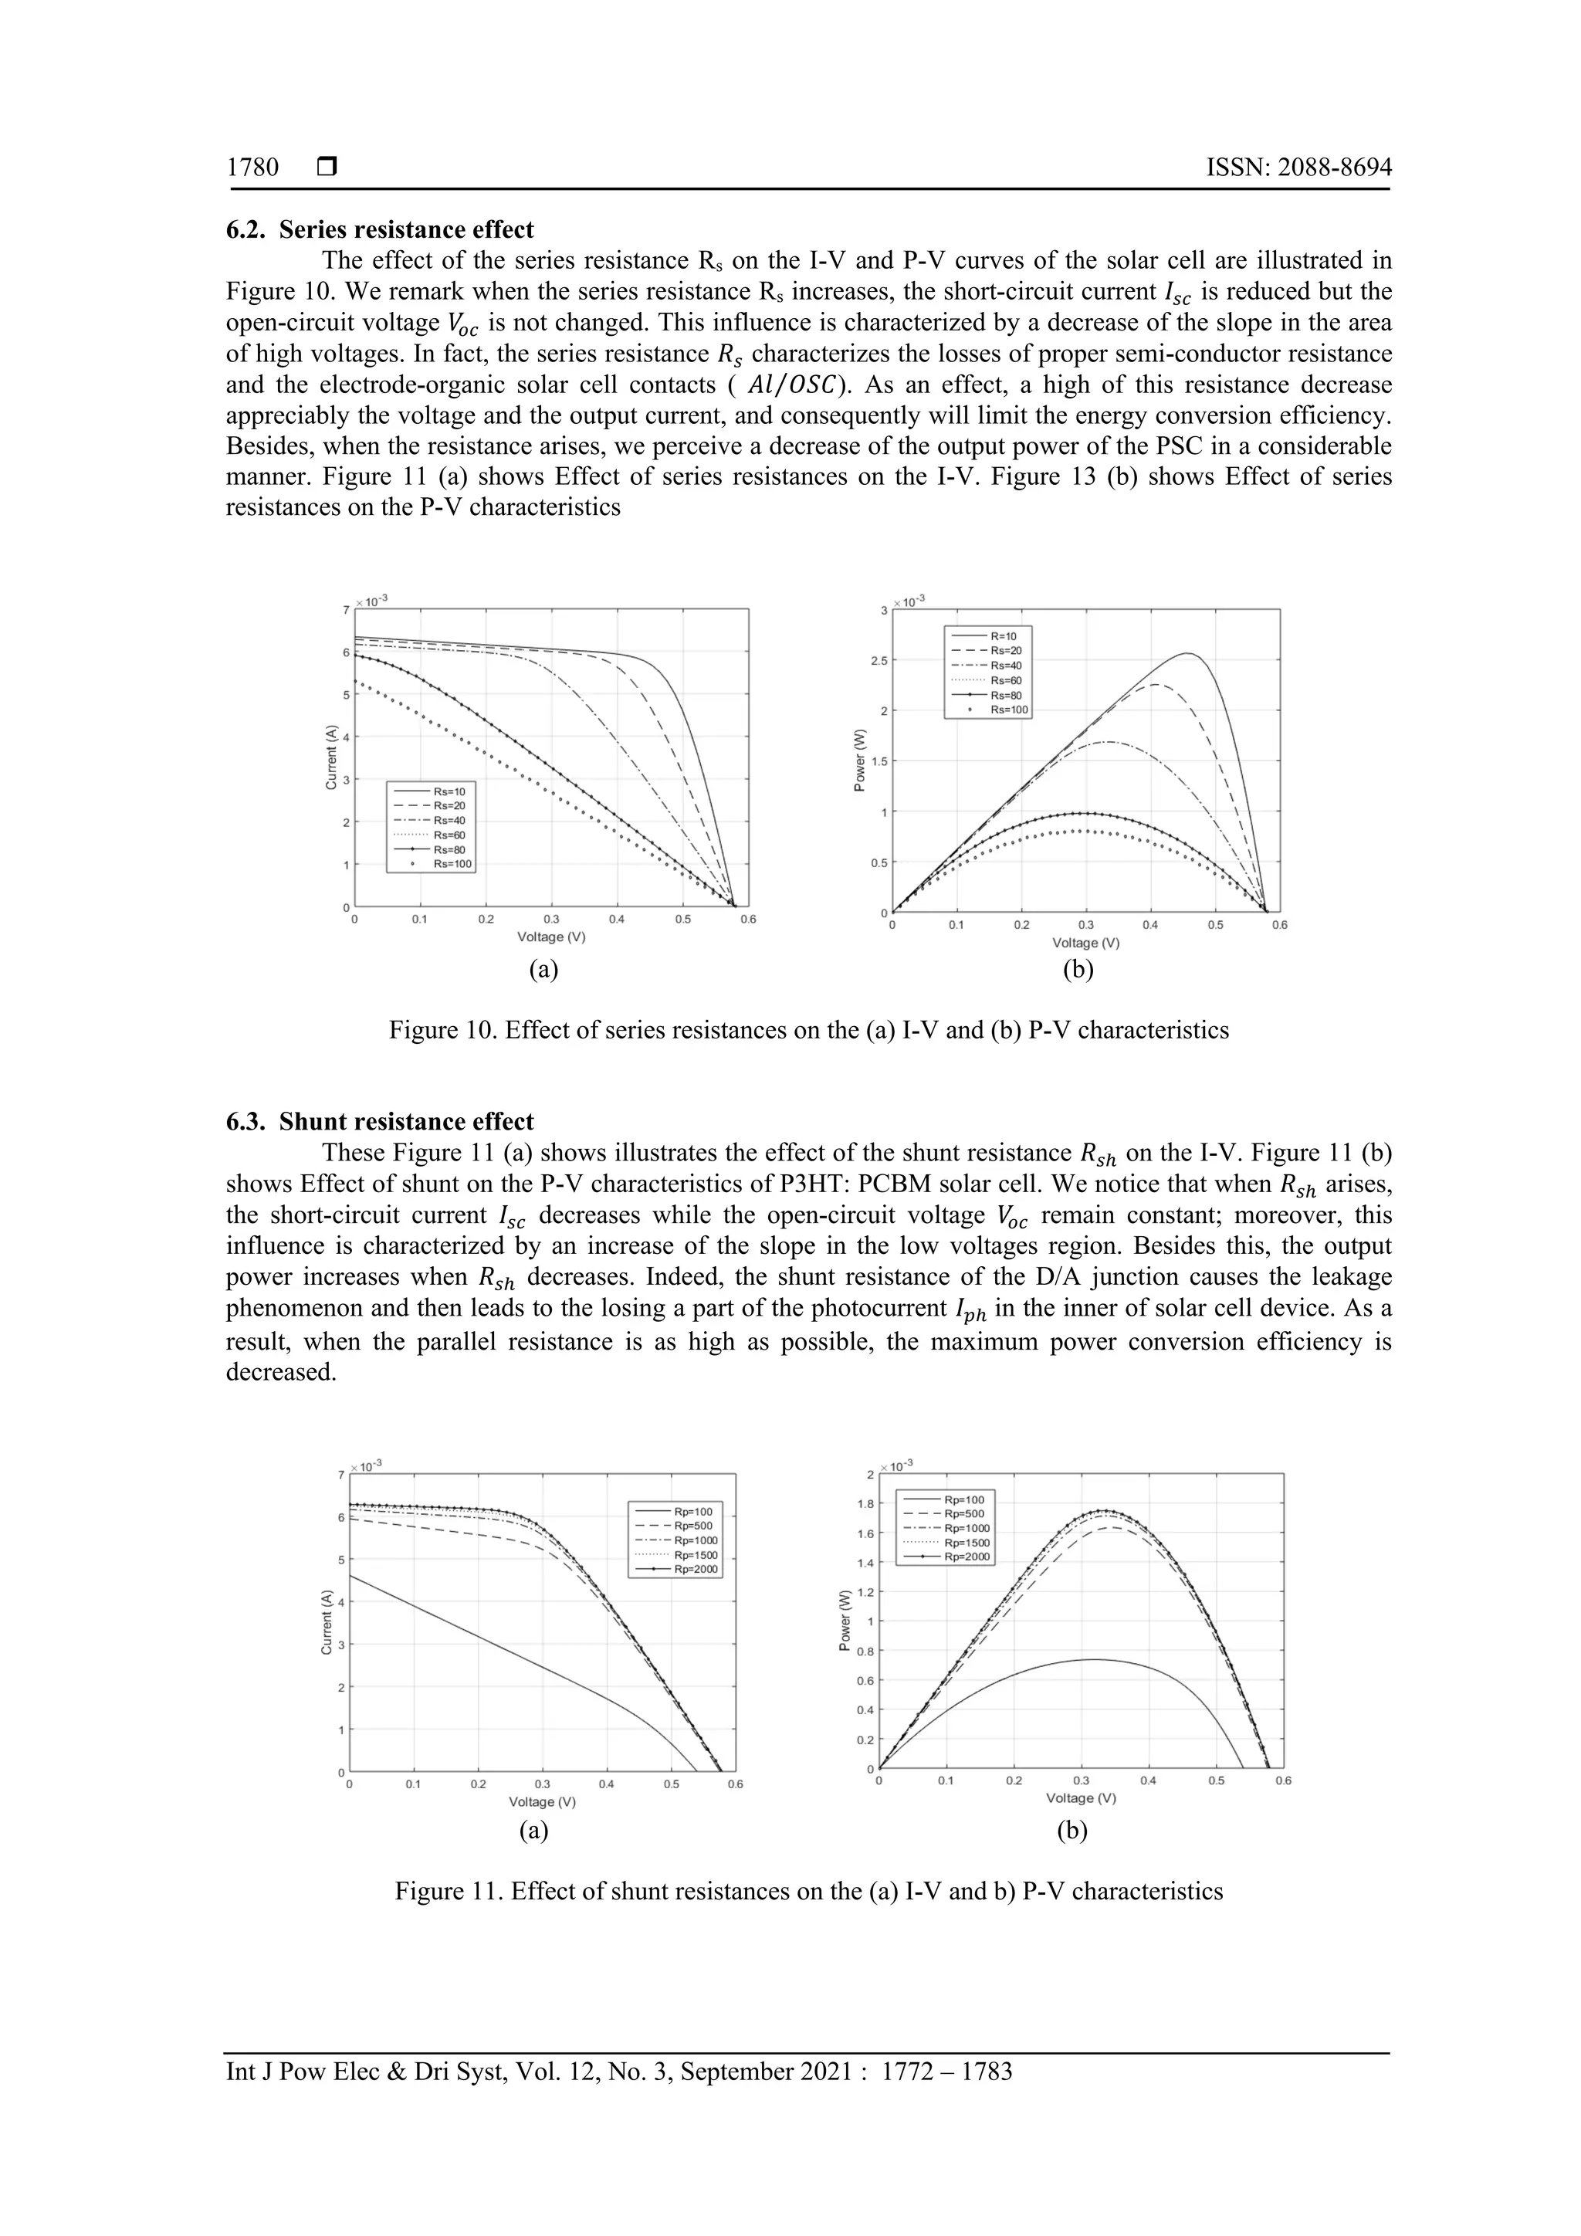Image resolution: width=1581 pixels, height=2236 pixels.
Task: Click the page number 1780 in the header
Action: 252,168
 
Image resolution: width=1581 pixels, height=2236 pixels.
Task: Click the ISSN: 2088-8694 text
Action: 1298,168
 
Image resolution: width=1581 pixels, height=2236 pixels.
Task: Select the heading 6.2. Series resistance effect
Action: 380,230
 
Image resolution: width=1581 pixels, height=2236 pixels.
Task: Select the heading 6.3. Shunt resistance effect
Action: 380,1122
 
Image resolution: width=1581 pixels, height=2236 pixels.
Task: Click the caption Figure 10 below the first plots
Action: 808,1030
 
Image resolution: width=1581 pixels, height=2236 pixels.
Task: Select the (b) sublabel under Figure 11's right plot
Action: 1071,1831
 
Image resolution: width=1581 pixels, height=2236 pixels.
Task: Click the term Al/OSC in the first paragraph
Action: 794,385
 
